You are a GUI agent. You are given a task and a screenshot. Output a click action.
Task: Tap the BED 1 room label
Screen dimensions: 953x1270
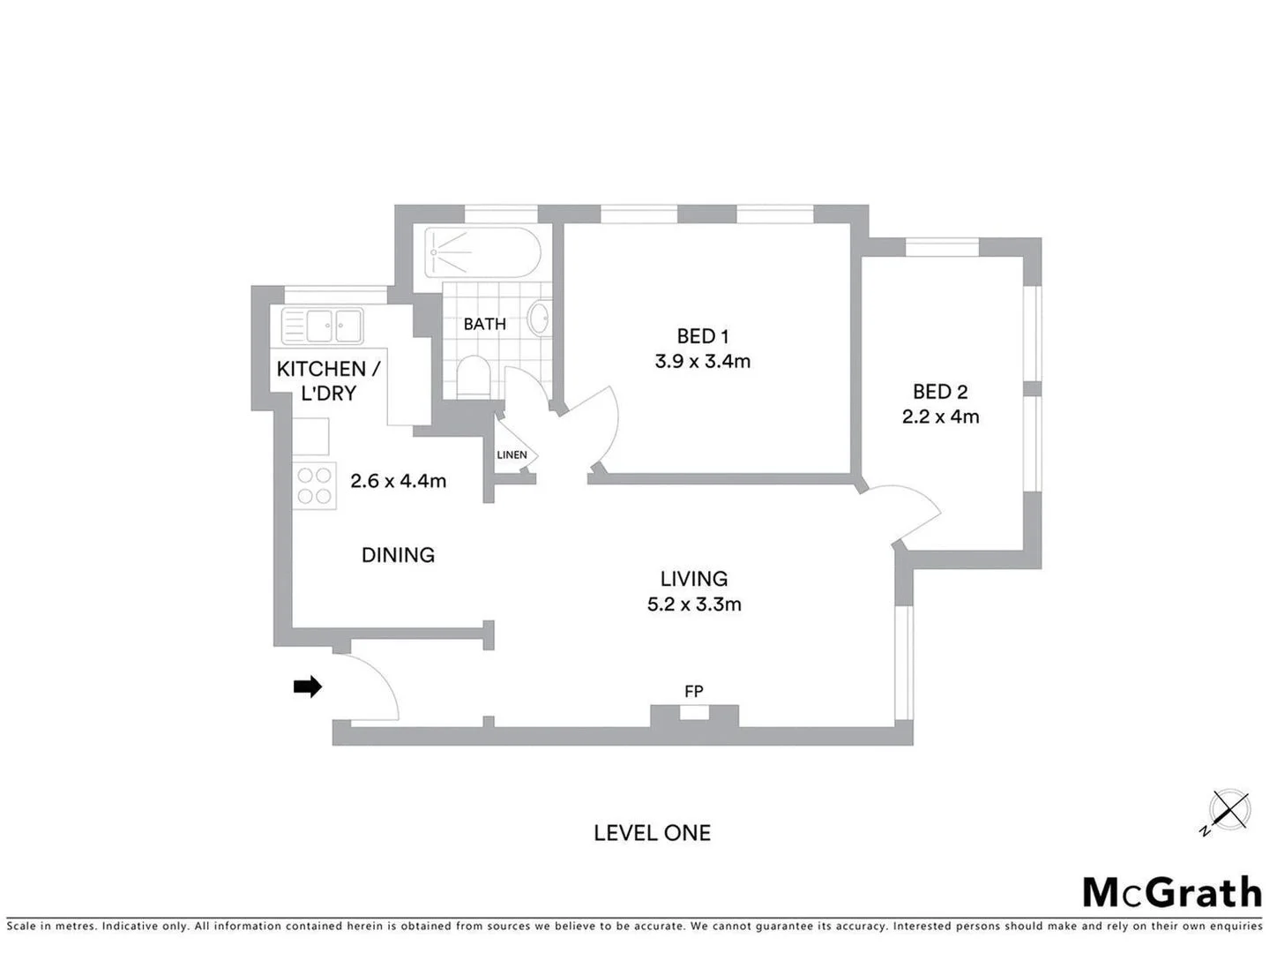(702, 336)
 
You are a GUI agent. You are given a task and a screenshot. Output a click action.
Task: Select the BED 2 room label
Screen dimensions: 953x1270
(940, 392)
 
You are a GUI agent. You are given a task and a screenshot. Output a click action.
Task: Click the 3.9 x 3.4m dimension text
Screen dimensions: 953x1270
(702, 361)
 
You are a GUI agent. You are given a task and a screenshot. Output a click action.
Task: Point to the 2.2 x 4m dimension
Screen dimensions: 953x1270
(940, 416)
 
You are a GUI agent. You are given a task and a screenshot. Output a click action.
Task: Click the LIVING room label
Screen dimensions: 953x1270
(694, 579)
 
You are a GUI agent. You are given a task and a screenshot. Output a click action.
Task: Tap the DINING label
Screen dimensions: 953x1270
(398, 555)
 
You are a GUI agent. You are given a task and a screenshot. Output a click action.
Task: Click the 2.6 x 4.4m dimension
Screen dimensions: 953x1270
(398, 481)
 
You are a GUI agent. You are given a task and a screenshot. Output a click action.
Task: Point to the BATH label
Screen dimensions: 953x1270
(484, 324)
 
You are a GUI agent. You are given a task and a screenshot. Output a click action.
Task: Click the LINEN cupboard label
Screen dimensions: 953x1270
(512, 455)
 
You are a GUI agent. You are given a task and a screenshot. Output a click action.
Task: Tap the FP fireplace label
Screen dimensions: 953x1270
(694, 692)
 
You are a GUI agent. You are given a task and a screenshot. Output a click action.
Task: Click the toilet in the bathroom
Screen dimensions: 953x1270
(473, 378)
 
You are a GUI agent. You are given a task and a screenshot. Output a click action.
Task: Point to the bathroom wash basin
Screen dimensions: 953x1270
(539, 318)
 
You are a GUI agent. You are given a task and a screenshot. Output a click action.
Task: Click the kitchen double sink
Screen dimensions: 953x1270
(322, 326)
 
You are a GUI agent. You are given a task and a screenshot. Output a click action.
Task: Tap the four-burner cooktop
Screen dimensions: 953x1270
(315, 485)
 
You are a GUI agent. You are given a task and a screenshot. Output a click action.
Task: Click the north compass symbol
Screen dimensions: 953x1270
(1228, 810)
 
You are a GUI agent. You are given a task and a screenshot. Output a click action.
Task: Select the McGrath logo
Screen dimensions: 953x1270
(1172, 892)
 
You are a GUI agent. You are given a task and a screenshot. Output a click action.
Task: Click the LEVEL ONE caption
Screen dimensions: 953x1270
(652, 833)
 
